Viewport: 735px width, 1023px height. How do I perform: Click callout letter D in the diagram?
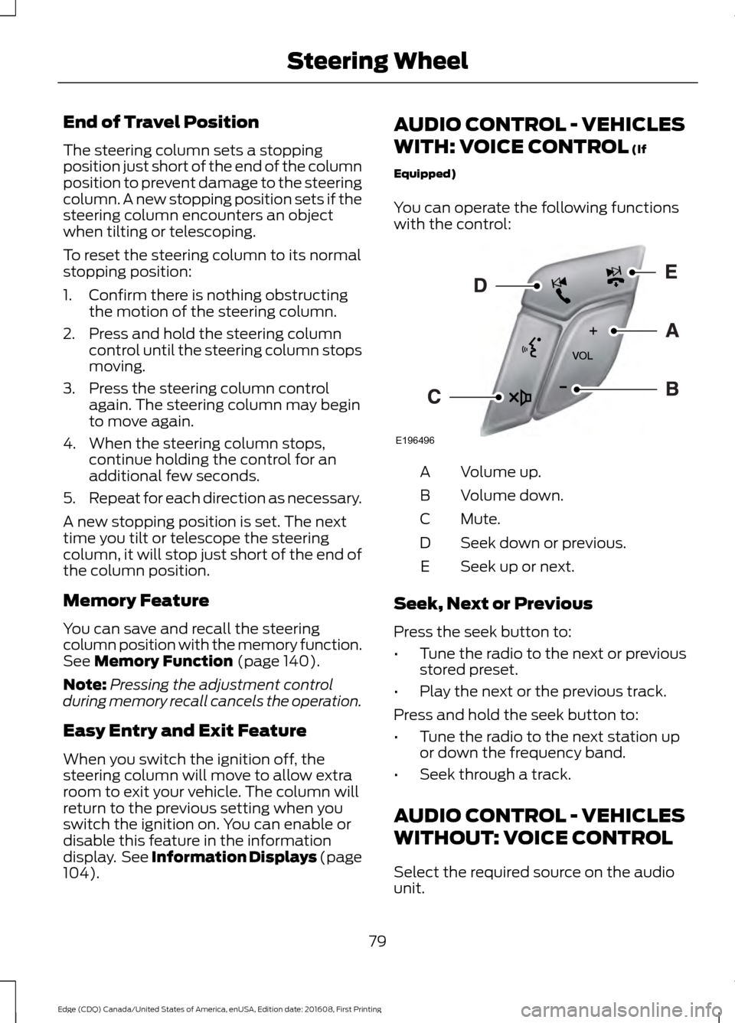pyautogui.click(x=480, y=285)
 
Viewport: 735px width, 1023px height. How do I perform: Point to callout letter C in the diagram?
pyautogui.click(x=433, y=396)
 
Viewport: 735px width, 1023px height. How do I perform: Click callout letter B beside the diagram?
pyautogui.click(x=671, y=389)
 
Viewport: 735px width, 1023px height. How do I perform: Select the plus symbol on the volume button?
pyautogui.click(x=593, y=331)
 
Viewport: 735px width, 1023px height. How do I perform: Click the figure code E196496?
pyautogui.click(x=415, y=441)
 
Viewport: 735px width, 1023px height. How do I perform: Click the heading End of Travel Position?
pyautogui.click(x=131, y=122)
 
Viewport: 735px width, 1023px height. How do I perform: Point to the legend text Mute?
pyautogui.click(x=480, y=519)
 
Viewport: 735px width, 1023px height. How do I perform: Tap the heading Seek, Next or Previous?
pyautogui.click(x=492, y=604)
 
